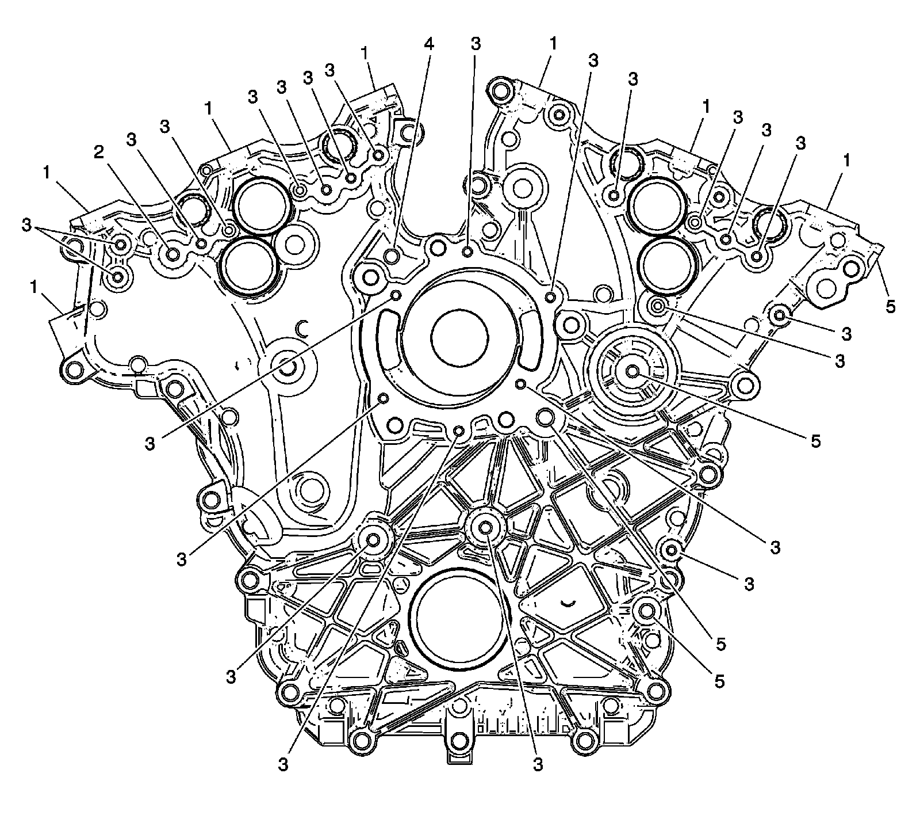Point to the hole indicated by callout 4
tap(393, 256)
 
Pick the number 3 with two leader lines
tap(25, 225)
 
